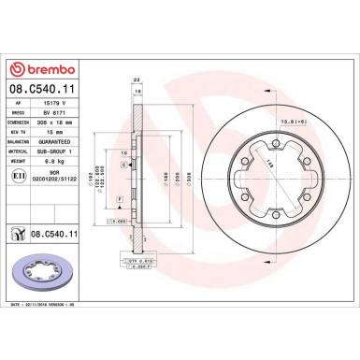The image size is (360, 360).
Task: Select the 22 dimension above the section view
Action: [136, 79]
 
